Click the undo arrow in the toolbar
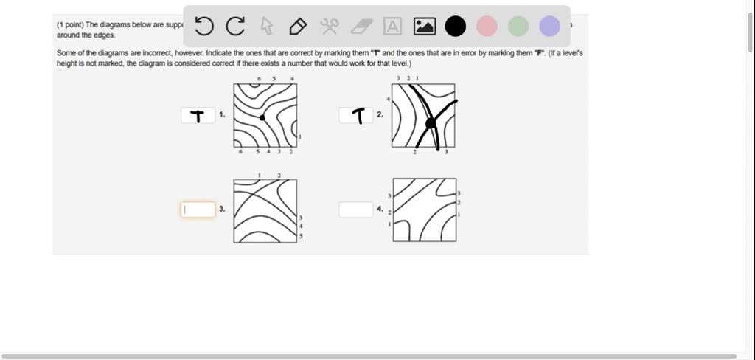click(x=204, y=27)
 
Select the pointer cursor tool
click(x=267, y=27)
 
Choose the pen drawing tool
click(x=298, y=27)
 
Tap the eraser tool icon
click(x=361, y=27)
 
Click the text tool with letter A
click(x=393, y=27)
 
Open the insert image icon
click(x=425, y=27)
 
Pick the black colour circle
click(x=456, y=27)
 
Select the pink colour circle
click(x=487, y=27)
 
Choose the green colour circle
click(x=518, y=27)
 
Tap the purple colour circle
click(x=549, y=27)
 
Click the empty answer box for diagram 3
click(x=198, y=210)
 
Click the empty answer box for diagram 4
click(x=356, y=210)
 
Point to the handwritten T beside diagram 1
click(x=197, y=116)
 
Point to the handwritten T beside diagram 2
click(x=359, y=116)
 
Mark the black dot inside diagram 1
click(x=262, y=117)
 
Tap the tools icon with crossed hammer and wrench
click(x=329, y=27)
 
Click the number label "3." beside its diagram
click(x=222, y=210)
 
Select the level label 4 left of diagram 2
click(x=387, y=98)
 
